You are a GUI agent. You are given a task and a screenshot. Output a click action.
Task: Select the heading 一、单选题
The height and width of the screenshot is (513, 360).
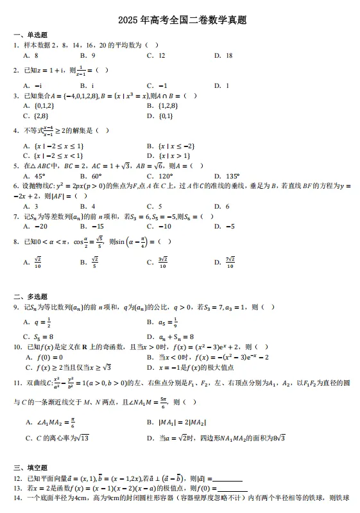30,35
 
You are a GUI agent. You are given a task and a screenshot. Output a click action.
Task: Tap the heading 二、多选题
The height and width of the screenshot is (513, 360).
30,297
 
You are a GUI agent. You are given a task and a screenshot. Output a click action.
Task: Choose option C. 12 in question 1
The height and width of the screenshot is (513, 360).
156,55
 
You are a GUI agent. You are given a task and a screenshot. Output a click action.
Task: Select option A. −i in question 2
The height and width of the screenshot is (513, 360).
32,85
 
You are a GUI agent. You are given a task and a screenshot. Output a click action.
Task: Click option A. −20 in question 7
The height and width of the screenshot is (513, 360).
35,226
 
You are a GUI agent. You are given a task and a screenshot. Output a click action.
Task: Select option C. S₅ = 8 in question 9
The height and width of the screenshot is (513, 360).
38,336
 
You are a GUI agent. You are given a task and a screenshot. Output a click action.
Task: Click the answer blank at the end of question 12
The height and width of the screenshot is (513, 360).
227,478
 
